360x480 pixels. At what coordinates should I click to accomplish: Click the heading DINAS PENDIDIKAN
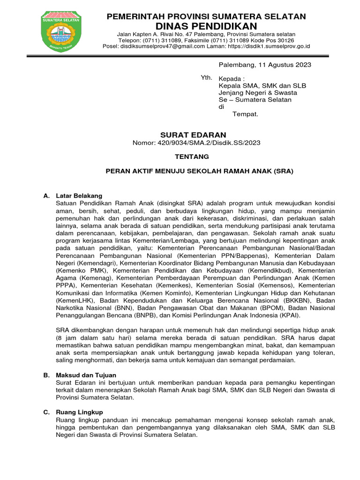click(x=206, y=26)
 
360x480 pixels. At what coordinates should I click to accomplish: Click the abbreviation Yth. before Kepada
click(x=206, y=78)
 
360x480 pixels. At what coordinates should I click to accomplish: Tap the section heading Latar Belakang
click(x=79, y=195)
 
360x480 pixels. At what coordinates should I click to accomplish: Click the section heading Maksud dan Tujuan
click(x=86, y=375)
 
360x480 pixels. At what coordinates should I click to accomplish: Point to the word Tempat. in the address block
click(x=246, y=114)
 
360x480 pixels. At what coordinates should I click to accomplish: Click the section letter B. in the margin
click(x=46, y=375)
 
